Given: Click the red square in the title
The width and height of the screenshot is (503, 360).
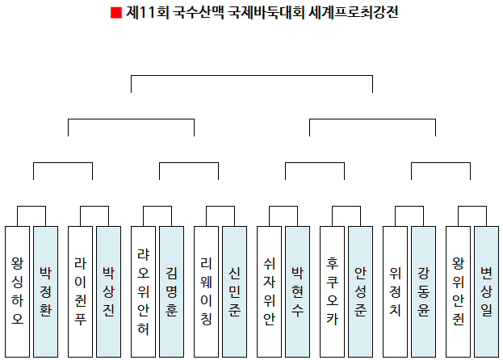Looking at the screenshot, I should (x=115, y=13).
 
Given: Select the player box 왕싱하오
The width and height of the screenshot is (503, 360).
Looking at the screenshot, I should (x=18, y=291).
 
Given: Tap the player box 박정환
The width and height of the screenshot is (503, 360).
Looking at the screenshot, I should (x=45, y=291).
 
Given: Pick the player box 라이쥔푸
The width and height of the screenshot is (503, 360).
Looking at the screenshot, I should (x=81, y=291).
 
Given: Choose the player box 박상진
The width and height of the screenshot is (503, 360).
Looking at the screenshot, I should (x=108, y=291).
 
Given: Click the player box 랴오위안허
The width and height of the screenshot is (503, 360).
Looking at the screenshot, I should (x=144, y=291).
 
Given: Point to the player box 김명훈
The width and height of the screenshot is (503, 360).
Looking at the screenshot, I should (x=171, y=291).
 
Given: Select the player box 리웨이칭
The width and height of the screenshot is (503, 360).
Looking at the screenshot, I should (x=207, y=291).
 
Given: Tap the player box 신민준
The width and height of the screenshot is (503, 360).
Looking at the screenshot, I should (x=234, y=291).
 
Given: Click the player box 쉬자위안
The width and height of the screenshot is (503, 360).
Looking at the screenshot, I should (x=270, y=291).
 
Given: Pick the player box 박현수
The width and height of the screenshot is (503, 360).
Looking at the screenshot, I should (x=297, y=291).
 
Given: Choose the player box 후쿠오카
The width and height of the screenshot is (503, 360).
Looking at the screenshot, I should (x=333, y=291).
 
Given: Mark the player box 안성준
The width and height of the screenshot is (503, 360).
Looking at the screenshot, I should (x=360, y=291).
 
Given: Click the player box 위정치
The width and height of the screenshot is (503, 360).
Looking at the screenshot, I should (x=396, y=291).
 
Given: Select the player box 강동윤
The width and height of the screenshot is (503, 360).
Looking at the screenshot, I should (x=423, y=291).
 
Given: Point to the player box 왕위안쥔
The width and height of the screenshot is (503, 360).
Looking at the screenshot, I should (x=459, y=291).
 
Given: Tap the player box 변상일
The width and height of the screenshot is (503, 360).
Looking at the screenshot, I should (x=486, y=291).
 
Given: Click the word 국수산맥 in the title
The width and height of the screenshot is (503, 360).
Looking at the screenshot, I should (x=195, y=13).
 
